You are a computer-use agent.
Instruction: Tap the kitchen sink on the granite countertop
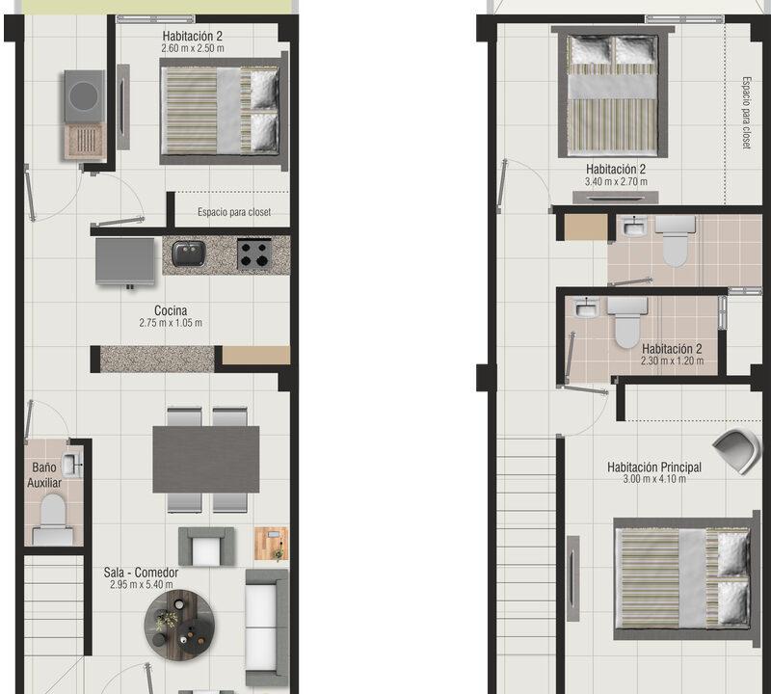point(189,253)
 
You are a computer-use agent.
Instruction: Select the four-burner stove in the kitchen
point(254,254)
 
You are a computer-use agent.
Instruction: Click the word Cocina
point(171,310)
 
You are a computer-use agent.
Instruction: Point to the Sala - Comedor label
point(141,573)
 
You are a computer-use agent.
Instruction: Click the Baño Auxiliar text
point(44,474)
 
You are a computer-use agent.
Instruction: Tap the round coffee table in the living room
point(179,626)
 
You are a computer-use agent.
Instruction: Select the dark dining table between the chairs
point(206,460)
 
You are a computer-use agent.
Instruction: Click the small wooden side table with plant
point(271,544)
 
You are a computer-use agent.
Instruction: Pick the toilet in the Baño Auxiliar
point(53,520)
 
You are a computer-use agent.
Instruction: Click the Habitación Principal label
point(654,467)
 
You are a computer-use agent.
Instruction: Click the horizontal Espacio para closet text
point(234,212)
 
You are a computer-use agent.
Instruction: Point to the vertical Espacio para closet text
point(746,113)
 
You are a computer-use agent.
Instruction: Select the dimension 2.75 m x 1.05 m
point(171,323)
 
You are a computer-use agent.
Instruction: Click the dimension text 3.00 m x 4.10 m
point(654,479)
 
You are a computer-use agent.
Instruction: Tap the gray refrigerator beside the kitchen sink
point(125,261)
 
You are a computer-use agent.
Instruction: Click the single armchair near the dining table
point(206,547)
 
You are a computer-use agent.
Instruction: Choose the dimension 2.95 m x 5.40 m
point(141,585)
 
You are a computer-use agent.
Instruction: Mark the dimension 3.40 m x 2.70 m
point(616,181)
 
